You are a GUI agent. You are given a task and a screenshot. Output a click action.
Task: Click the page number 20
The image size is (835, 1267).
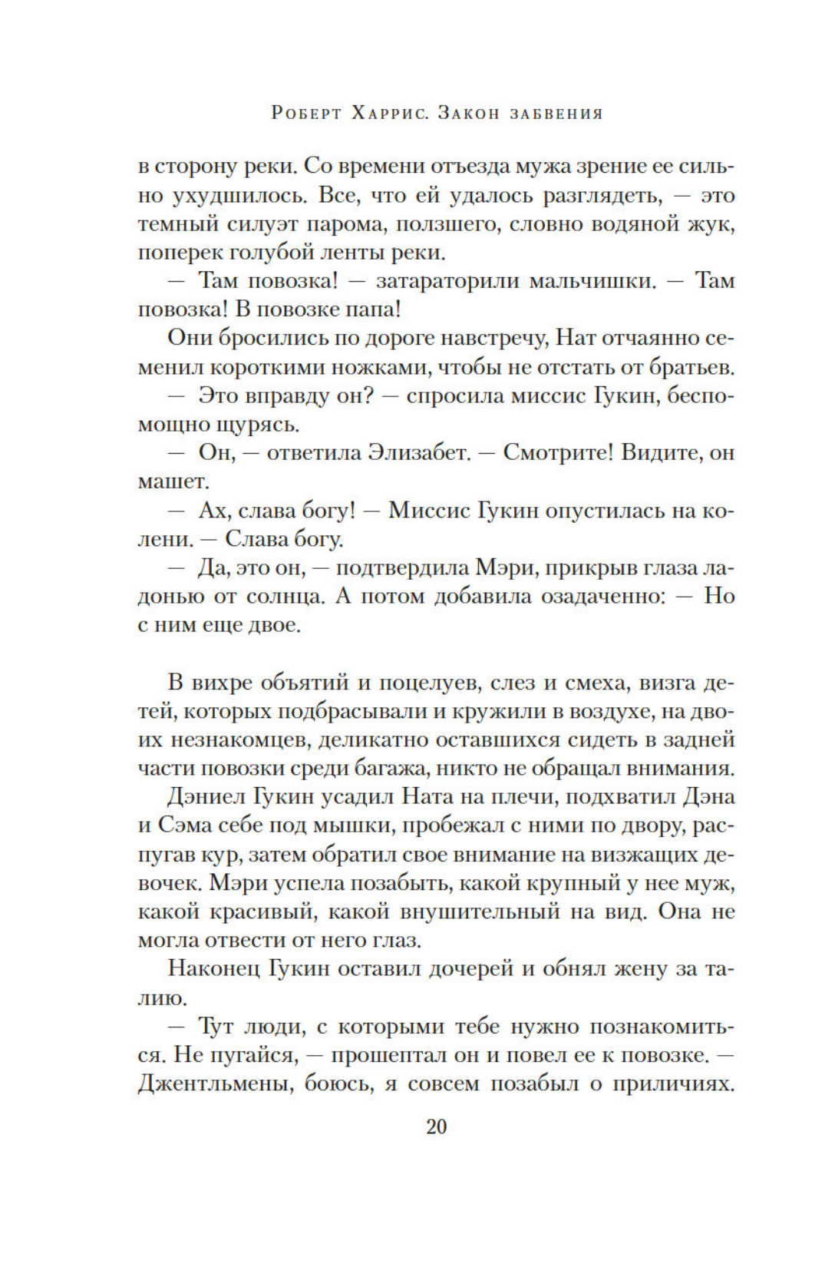(436, 1126)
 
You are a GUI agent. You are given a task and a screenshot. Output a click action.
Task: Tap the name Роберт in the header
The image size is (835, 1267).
(306, 114)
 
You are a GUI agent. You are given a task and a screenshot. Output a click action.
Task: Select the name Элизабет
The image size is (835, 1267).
(419, 453)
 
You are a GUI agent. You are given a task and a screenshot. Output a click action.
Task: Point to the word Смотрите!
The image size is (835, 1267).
(558, 453)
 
